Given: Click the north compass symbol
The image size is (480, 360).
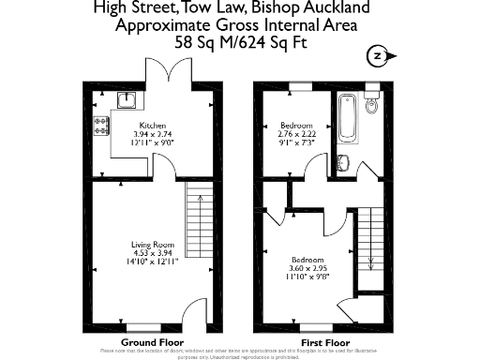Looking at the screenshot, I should click(x=377, y=54).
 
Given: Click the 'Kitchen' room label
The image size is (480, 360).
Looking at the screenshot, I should click(x=153, y=126).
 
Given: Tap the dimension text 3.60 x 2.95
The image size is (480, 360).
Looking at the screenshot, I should click(x=307, y=267).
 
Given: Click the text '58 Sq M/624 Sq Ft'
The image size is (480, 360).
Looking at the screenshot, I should click(x=240, y=42).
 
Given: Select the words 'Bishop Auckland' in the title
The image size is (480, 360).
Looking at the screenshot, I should click(x=322, y=8).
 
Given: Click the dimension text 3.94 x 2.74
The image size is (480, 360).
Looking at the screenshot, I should click(x=153, y=134).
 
